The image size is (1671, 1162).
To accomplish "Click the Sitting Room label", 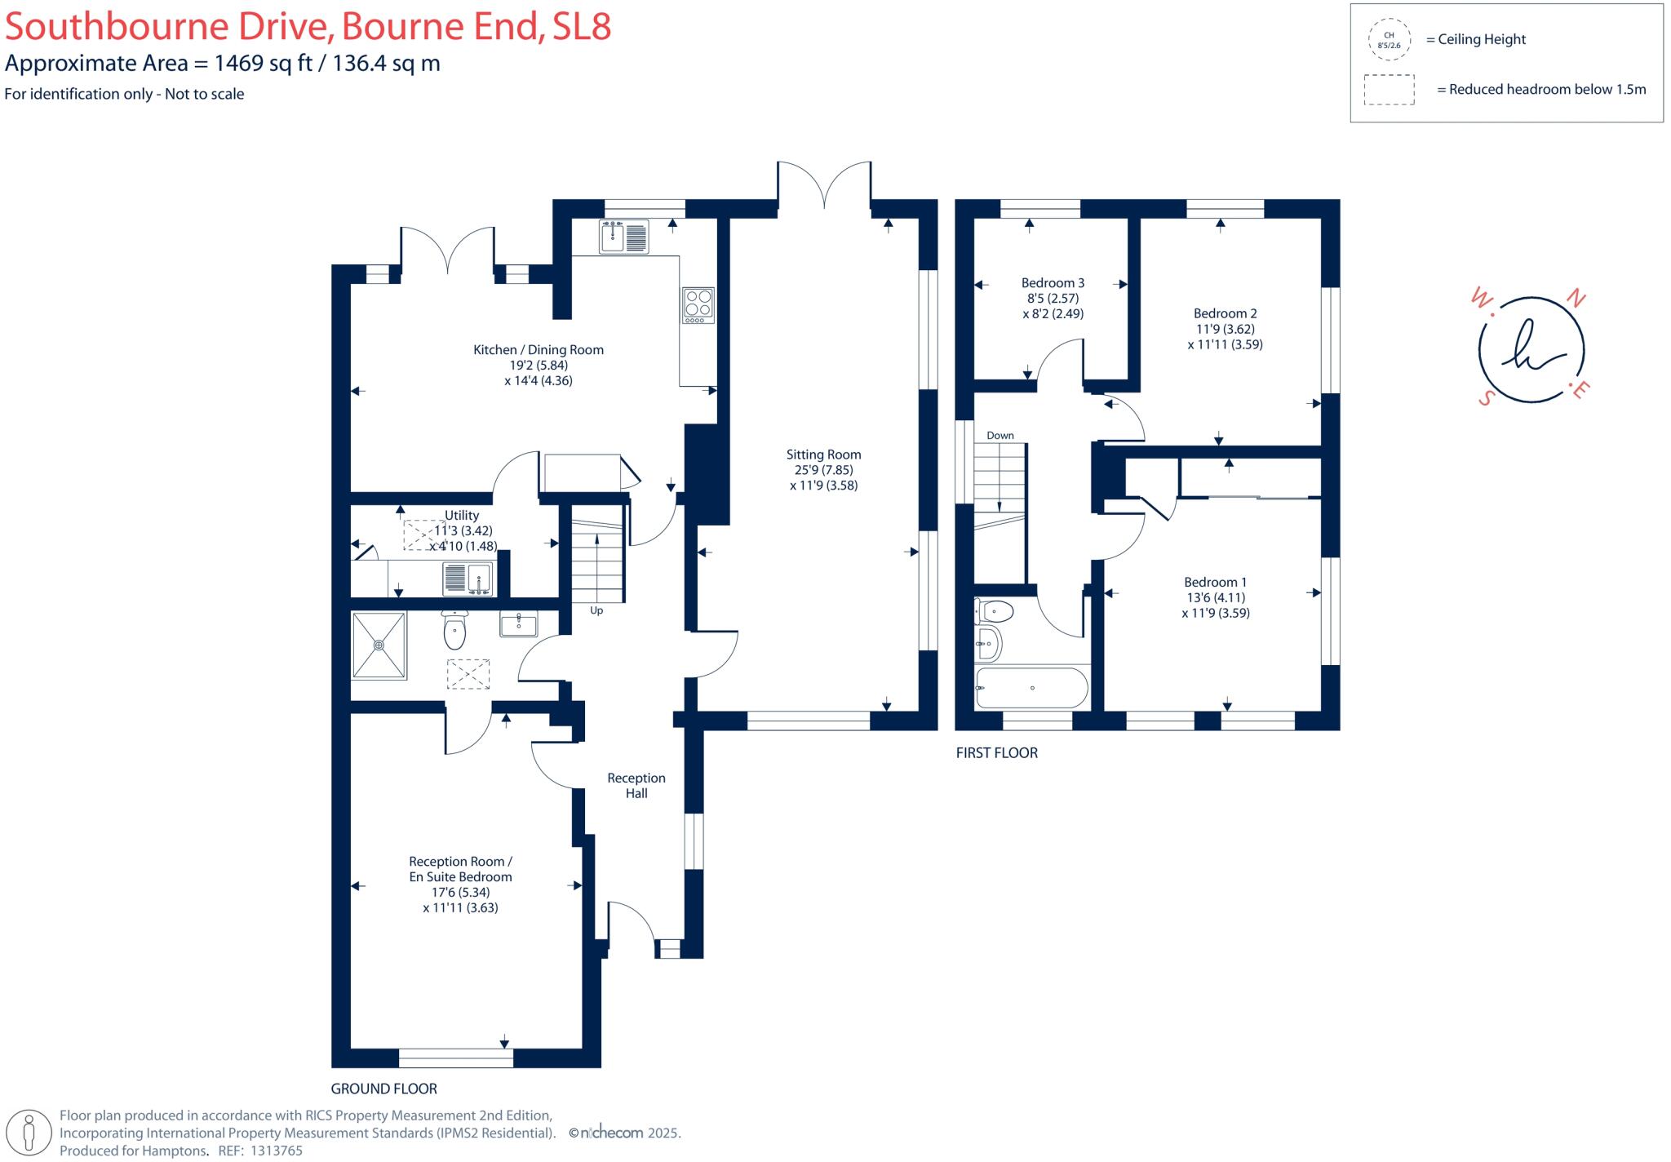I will coord(823,455).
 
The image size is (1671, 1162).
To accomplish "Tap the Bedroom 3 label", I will coord(1053,283).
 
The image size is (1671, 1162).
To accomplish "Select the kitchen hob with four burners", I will coord(698,304).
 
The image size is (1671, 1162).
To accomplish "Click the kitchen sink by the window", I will coord(624,237).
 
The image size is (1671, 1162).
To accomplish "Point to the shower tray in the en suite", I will coord(379,645).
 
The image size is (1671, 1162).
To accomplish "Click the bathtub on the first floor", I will coord(1032,688).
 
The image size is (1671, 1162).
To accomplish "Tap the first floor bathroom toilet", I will coord(995,610).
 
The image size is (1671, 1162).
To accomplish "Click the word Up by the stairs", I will coord(596,610).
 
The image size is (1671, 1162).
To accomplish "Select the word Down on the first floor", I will coord(1000,435).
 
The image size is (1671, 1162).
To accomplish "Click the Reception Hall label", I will coord(636,785).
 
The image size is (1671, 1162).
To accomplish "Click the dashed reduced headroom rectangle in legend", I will coord(1389,90).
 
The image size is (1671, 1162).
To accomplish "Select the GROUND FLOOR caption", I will coord(383,1089).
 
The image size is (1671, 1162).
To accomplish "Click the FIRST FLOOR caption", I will coord(996,753).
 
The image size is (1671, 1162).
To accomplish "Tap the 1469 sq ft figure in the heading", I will coord(264,63).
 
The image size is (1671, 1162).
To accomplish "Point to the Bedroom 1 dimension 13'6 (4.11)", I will coord(1215,597).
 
